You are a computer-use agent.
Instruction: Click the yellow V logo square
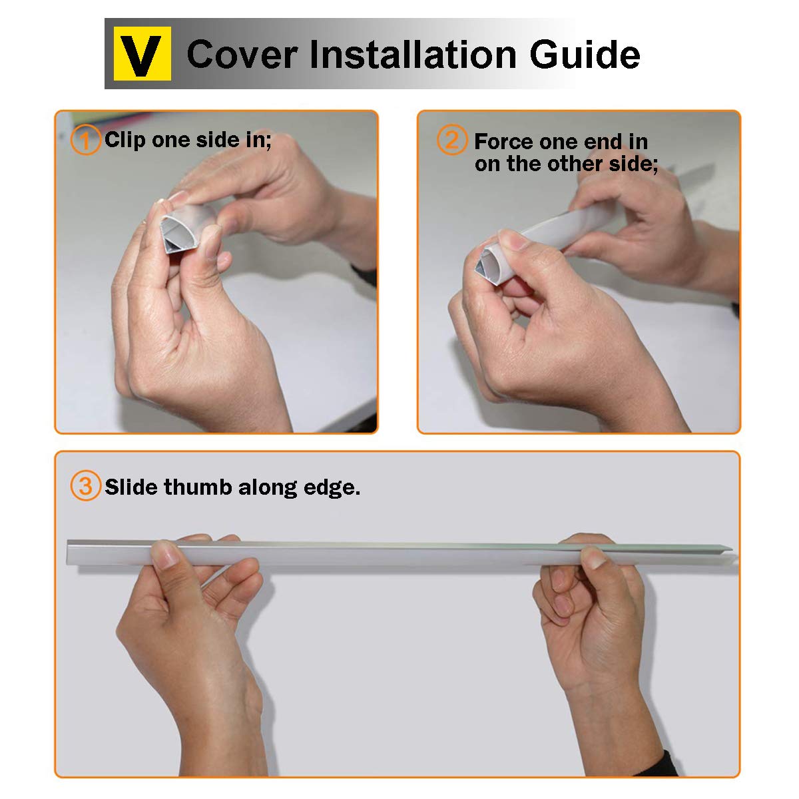click(142, 53)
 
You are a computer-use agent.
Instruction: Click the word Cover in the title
click(242, 55)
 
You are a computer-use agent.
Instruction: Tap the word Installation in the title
click(413, 54)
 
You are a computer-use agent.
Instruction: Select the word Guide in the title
click(585, 54)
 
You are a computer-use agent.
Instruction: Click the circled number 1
click(85, 140)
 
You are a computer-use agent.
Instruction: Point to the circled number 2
click(452, 140)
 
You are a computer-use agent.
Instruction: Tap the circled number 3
click(85, 485)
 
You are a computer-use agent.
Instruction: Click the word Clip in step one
click(125, 140)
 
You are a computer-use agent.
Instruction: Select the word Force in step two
click(499, 142)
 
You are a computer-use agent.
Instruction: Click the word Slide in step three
click(131, 487)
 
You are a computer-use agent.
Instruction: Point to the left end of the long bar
click(68, 552)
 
